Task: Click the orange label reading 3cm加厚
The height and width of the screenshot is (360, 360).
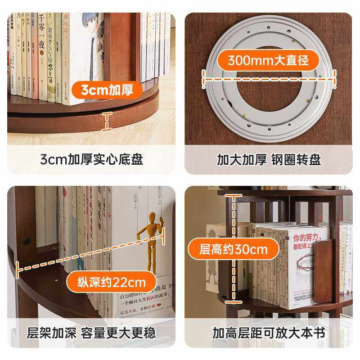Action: tap(107, 90)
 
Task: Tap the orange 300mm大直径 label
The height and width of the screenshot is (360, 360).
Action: tap(268, 60)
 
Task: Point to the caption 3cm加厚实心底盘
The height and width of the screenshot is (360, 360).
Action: tap(91, 159)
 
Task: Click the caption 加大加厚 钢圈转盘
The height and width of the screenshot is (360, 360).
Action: tap(269, 159)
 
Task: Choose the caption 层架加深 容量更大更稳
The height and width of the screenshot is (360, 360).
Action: tap(91, 333)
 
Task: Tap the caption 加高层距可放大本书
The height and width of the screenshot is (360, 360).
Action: tap(269, 333)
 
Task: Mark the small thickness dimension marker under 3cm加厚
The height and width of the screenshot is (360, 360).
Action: tap(107, 121)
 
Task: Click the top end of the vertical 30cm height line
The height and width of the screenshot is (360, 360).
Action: tap(234, 195)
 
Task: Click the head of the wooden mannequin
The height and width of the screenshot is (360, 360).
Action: tap(153, 217)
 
